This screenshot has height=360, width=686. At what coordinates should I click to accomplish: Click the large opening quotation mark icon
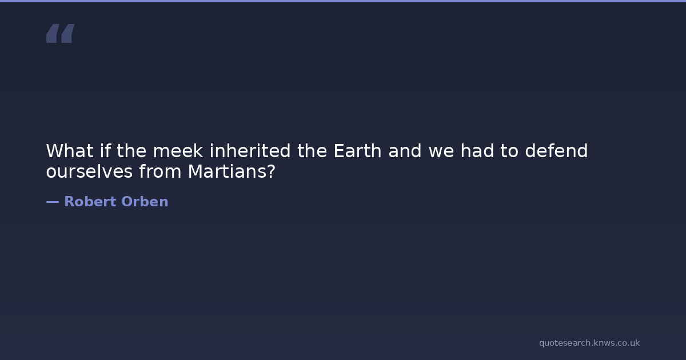click(61, 33)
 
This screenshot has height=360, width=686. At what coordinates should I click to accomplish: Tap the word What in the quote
click(70, 151)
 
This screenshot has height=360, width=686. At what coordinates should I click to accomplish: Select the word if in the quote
click(105, 151)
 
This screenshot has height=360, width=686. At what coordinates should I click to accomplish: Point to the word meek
click(178, 151)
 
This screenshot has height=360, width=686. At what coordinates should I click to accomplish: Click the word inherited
click(250, 151)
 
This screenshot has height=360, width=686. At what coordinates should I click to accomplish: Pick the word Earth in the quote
click(357, 151)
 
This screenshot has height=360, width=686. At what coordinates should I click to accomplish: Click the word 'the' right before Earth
click(312, 151)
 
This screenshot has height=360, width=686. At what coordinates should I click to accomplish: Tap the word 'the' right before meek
click(131, 151)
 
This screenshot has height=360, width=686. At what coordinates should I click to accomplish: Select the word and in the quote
click(405, 151)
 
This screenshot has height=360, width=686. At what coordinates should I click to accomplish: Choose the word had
click(477, 151)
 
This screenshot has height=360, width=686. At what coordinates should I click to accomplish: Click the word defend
click(556, 151)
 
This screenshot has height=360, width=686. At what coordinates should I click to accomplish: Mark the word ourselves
click(89, 171)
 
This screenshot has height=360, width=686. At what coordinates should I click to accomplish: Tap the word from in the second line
click(160, 171)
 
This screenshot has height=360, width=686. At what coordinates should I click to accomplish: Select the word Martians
click(229, 171)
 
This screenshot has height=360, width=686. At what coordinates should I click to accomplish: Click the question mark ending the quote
click(272, 171)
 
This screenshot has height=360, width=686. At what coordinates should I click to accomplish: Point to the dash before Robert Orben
click(53, 202)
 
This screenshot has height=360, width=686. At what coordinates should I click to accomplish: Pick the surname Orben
click(145, 201)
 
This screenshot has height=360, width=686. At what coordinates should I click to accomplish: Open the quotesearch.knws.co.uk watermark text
click(589, 343)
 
